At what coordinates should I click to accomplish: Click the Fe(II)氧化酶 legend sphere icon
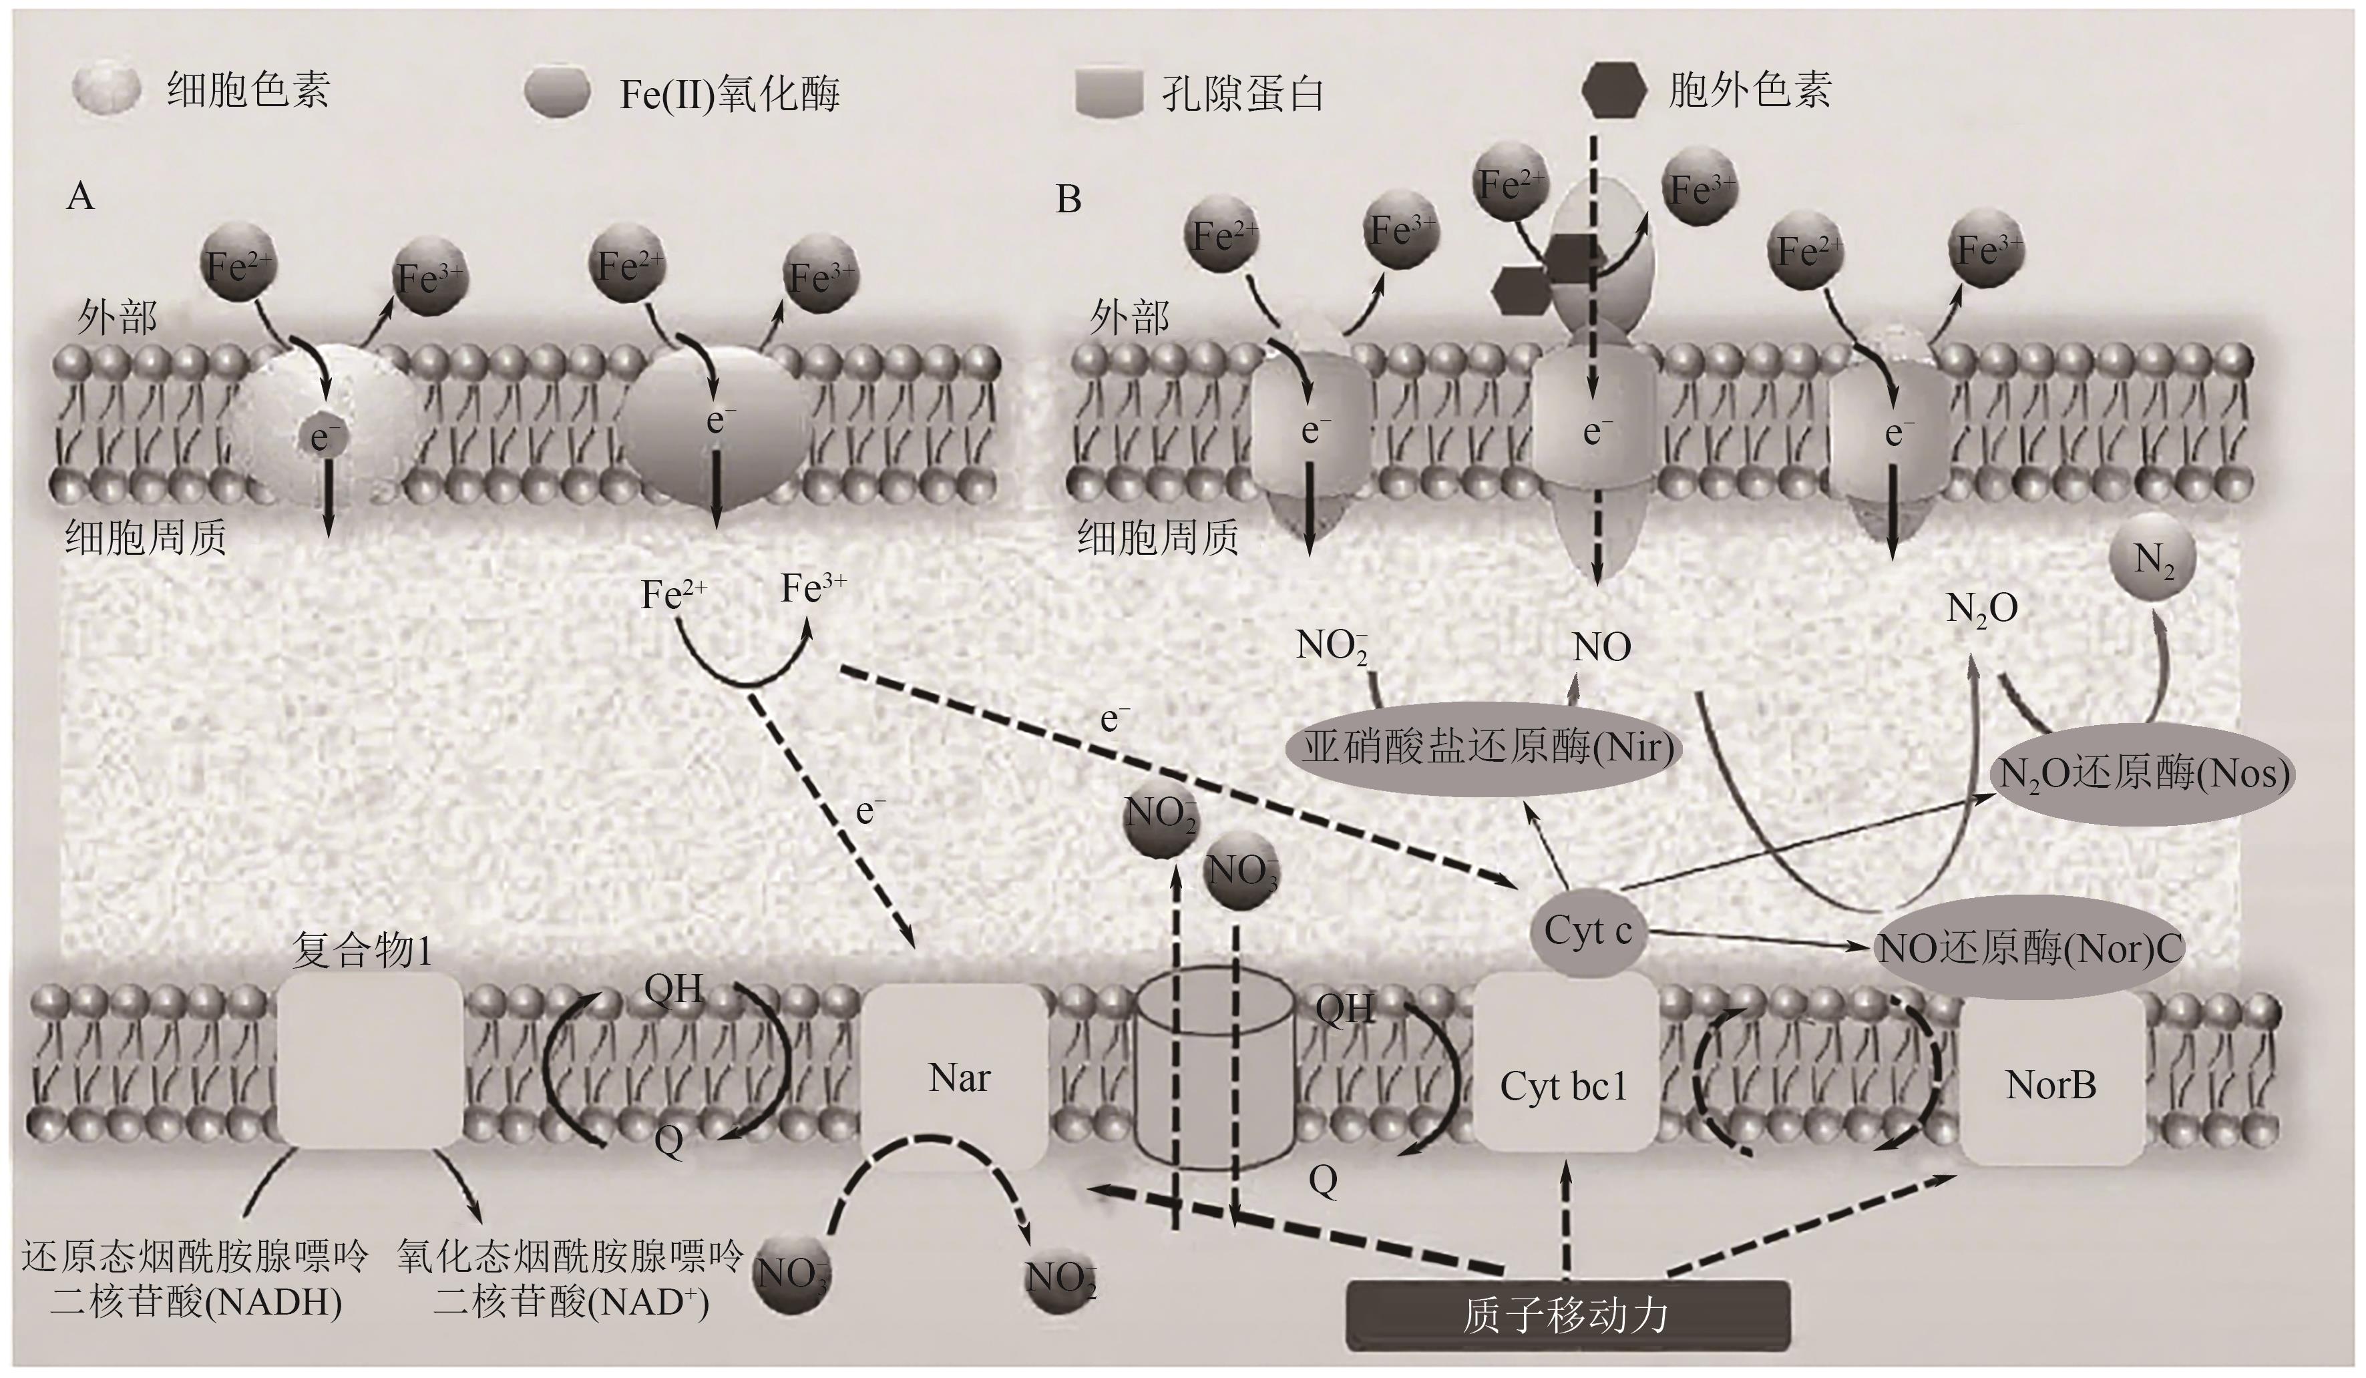tap(559, 93)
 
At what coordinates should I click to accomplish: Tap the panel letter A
tap(81, 197)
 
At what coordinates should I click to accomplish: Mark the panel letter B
tap(1068, 199)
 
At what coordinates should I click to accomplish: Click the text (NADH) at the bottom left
tap(278, 1302)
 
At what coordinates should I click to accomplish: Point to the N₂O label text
tap(1982, 609)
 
